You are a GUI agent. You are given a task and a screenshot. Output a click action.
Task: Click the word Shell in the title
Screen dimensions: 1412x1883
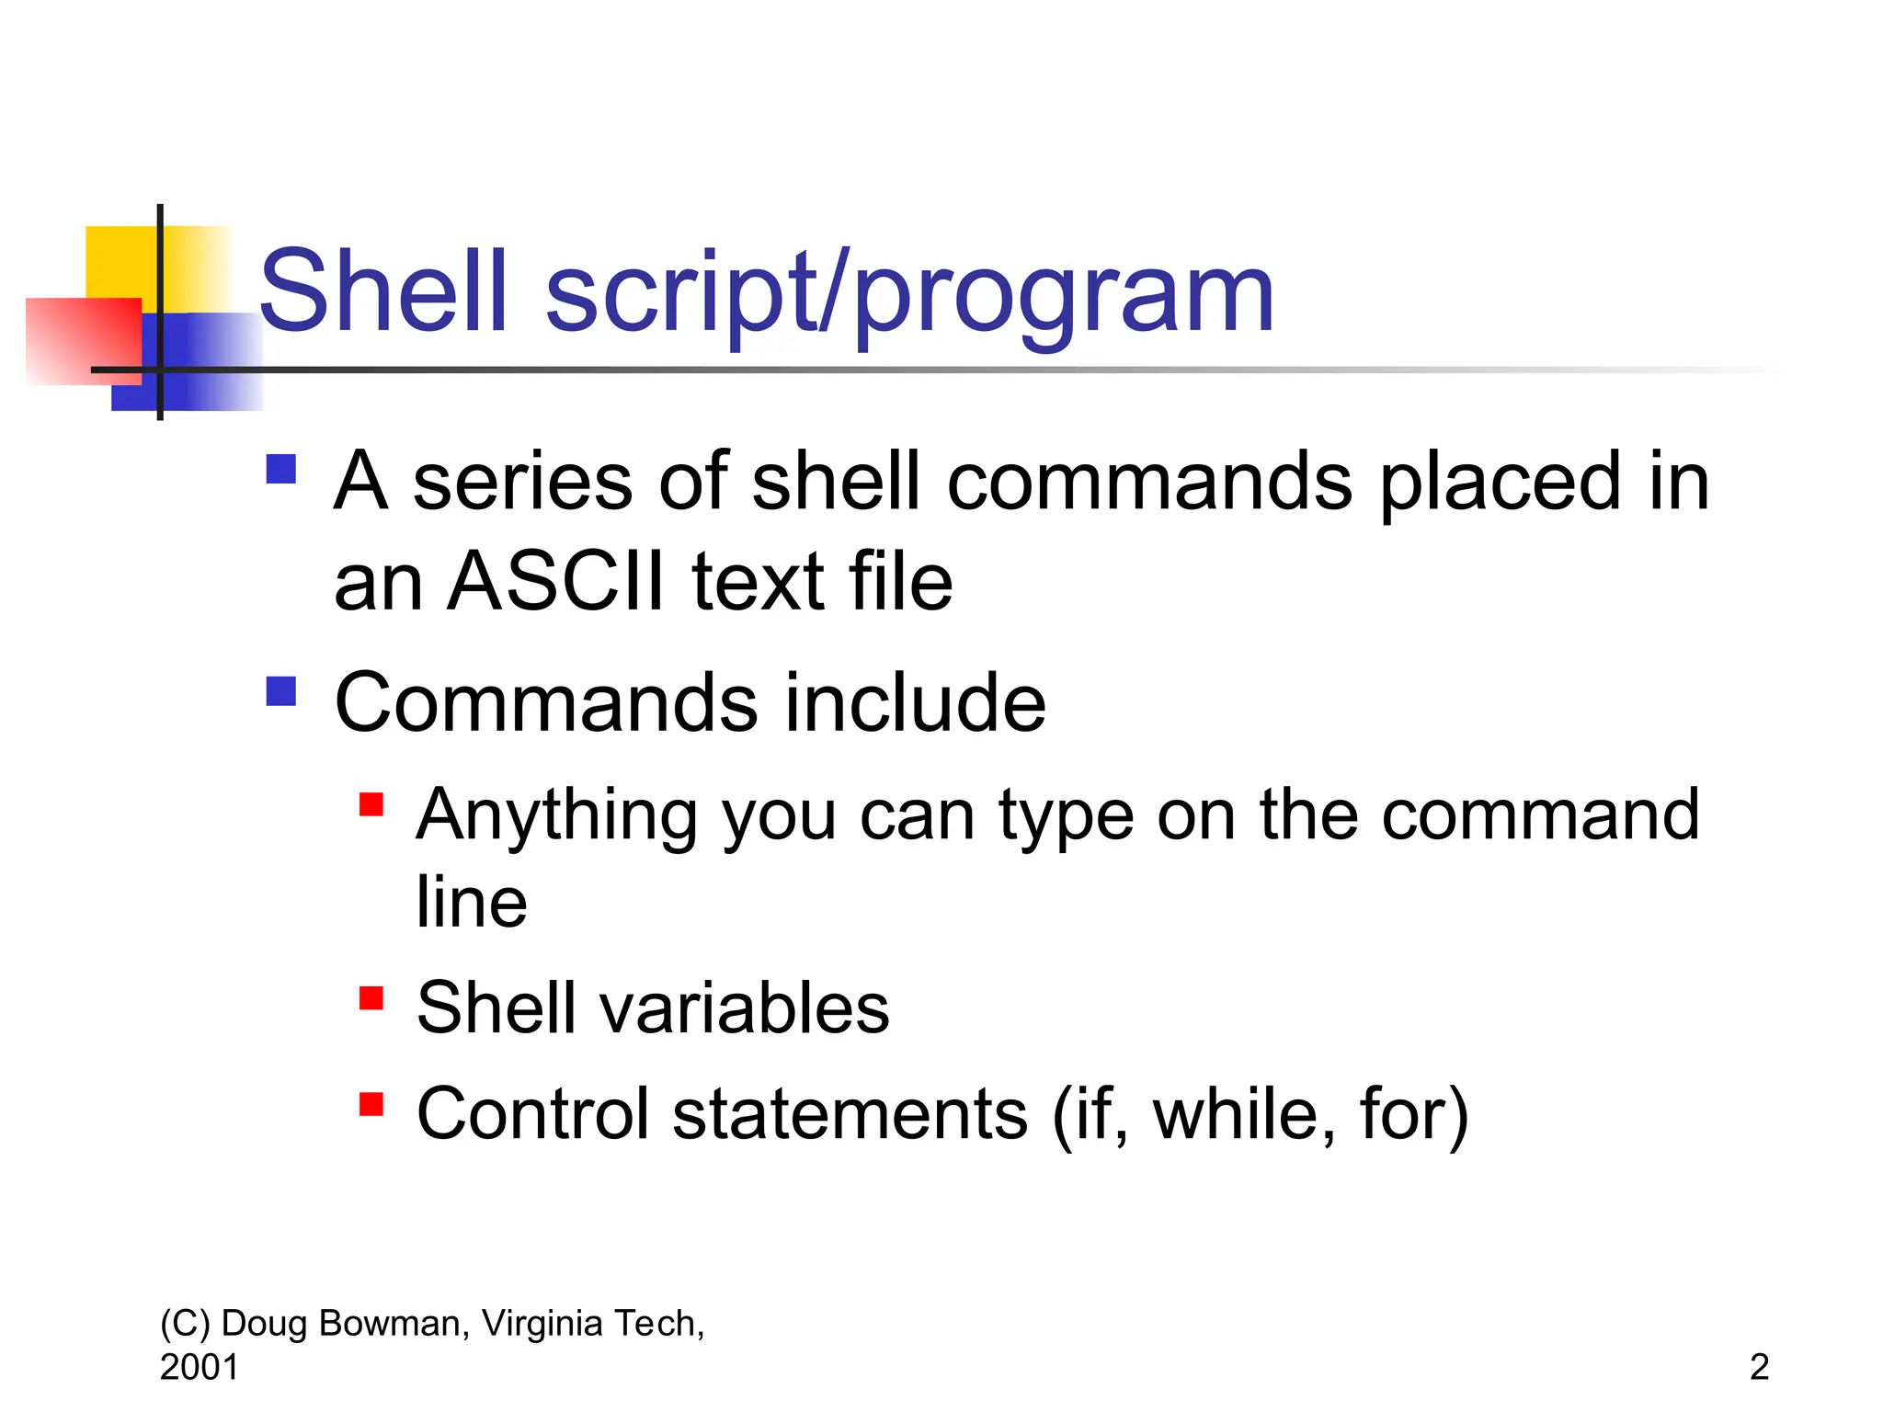(384, 292)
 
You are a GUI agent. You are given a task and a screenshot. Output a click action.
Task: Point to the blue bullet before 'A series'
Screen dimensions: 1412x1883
(280, 469)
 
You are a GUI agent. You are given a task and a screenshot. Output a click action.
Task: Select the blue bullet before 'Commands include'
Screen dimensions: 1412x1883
(280, 690)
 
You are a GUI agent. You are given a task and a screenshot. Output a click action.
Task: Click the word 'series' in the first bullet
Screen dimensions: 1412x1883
(522, 483)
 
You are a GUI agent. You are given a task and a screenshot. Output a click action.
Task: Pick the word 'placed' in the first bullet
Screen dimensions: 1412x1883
(1499, 483)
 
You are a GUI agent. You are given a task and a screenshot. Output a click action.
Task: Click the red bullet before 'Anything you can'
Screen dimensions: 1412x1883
(371, 804)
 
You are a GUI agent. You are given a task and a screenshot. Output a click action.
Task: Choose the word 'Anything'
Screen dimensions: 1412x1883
(556, 816)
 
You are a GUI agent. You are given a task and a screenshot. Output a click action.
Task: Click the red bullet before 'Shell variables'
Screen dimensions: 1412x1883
(371, 997)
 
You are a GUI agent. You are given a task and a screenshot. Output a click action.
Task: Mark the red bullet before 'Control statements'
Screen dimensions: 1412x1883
(371, 1103)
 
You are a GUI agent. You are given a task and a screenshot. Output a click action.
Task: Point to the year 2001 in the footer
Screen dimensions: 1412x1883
(199, 1368)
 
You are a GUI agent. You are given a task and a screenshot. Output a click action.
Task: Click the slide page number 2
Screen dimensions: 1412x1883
(1759, 1368)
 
